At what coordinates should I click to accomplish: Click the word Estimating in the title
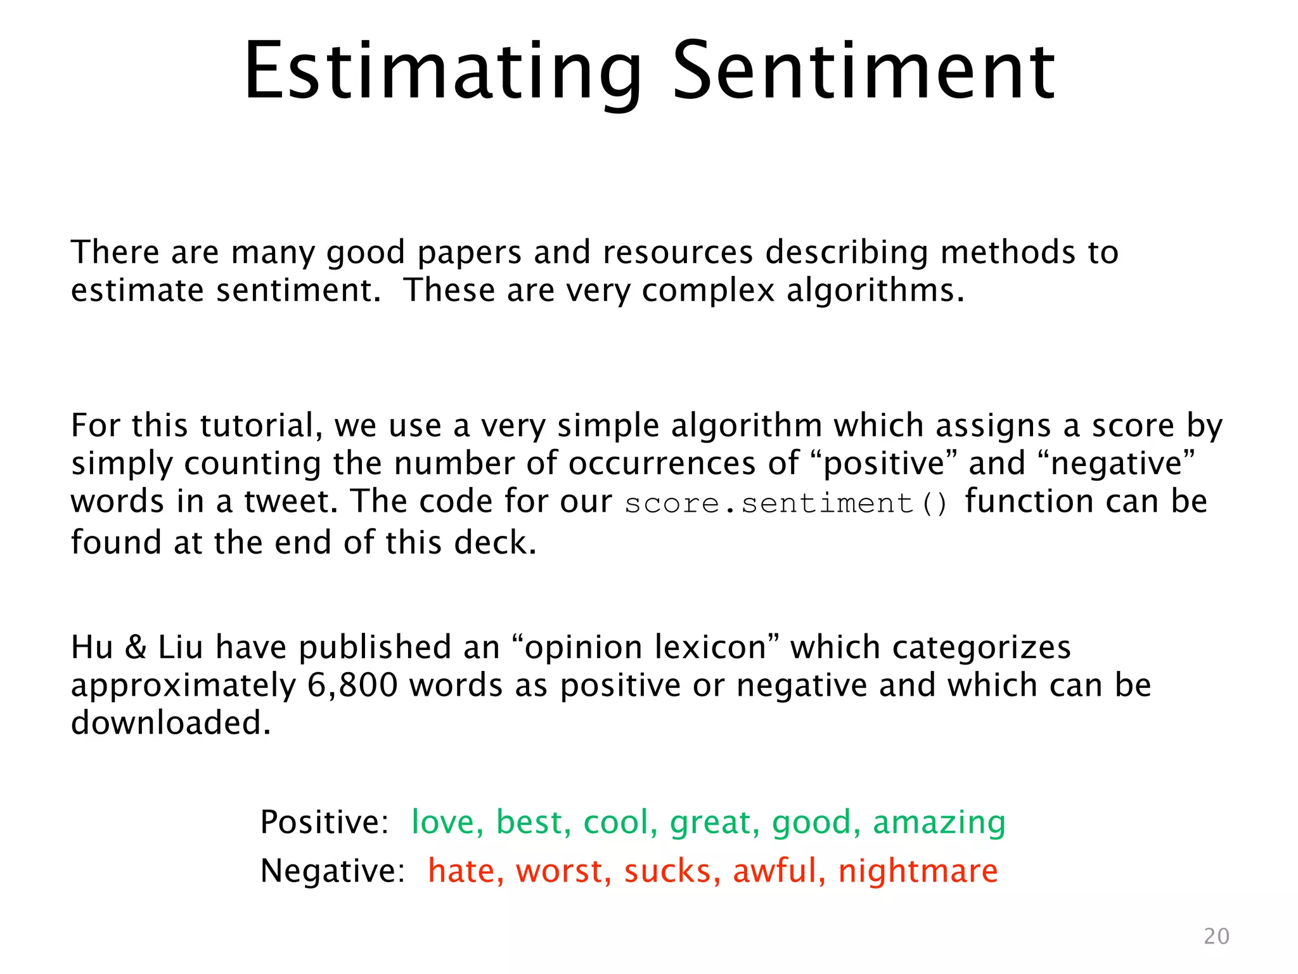(x=442, y=71)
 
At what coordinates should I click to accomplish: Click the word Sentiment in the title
(x=863, y=71)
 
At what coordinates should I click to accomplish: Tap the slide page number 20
(x=1216, y=937)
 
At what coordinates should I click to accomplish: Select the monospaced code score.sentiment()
(x=786, y=504)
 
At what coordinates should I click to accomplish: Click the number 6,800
(x=352, y=685)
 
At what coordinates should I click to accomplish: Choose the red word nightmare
(x=917, y=871)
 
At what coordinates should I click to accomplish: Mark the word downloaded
(x=170, y=724)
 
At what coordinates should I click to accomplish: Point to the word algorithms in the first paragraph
(x=875, y=291)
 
